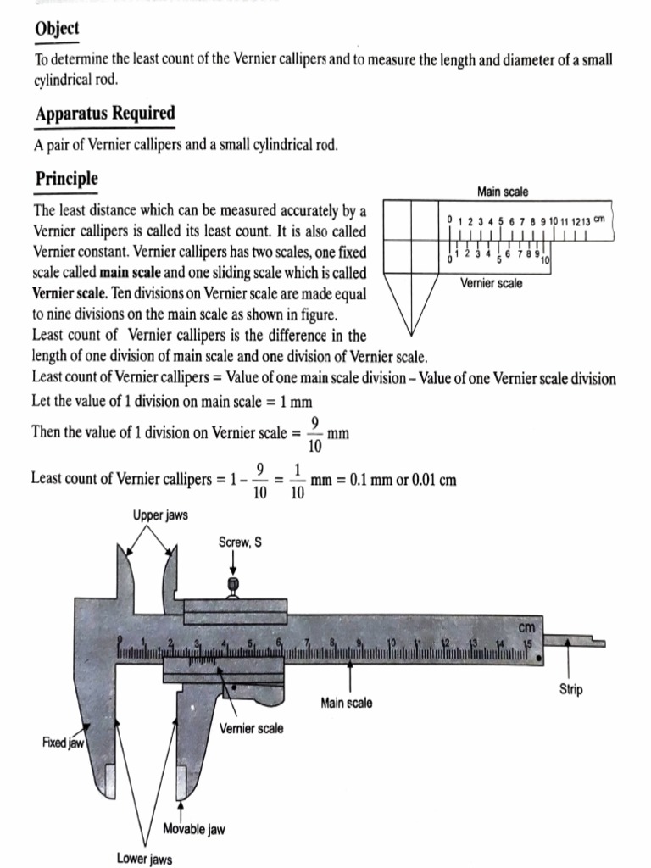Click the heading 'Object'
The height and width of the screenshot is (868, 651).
pyautogui.click(x=57, y=29)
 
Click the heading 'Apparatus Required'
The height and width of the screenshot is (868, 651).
pyautogui.click(x=104, y=114)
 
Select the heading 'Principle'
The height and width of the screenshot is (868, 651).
pyautogui.click(x=66, y=179)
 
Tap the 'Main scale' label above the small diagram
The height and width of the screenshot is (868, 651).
pyautogui.click(x=502, y=192)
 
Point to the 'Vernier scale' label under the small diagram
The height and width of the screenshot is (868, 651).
pyautogui.click(x=492, y=283)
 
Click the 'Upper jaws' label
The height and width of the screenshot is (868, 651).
pyautogui.click(x=160, y=515)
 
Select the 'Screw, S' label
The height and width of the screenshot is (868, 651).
pyautogui.click(x=240, y=542)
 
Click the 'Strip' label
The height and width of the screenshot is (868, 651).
pyautogui.click(x=570, y=689)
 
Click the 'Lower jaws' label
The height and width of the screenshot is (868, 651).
pyautogui.click(x=144, y=860)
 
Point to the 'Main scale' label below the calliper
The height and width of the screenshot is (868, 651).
pyautogui.click(x=346, y=703)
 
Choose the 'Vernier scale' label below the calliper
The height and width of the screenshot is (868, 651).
pyautogui.click(x=251, y=728)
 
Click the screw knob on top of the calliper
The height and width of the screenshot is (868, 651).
pyautogui.click(x=234, y=584)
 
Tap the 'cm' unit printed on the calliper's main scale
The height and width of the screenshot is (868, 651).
pyautogui.click(x=527, y=627)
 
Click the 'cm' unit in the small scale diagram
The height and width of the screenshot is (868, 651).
pyautogui.click(x=598, y=219)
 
